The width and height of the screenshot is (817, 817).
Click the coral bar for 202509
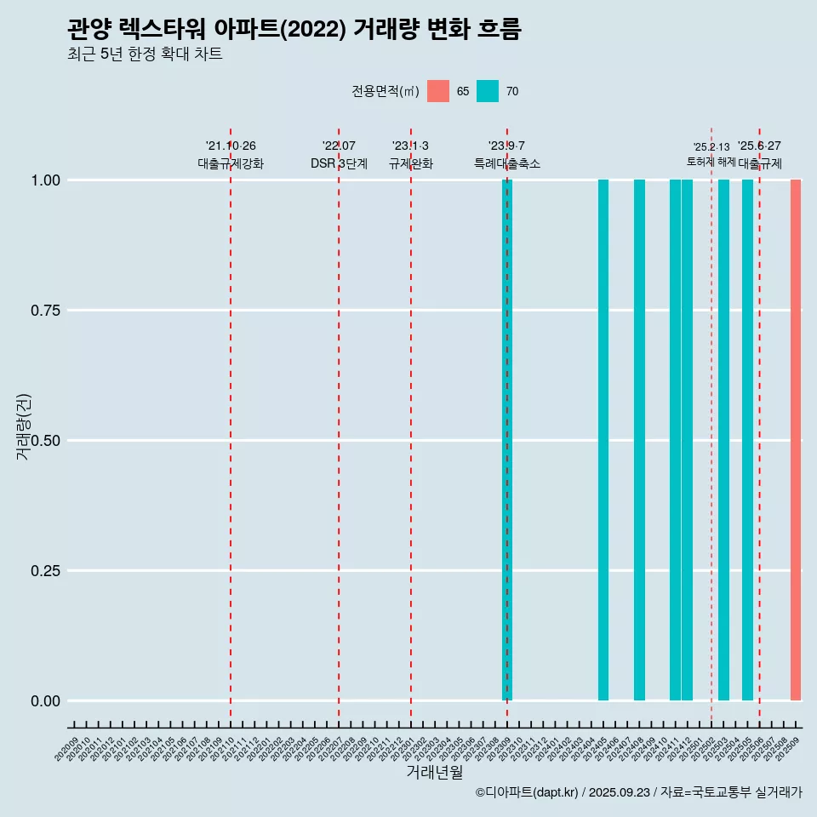click(796, 440)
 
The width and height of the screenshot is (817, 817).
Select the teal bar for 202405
click(603, 440)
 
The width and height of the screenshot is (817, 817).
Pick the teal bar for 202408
click(639, 440)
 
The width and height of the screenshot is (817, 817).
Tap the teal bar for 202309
click(507, 440)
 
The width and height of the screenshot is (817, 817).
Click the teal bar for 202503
click(723, 440)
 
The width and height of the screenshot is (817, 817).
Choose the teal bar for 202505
click(747, 440)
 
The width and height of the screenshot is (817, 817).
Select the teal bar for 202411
click(675, 440)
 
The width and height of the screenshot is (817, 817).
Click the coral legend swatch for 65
click(438, 91)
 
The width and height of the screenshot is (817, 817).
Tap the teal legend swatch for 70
click(488, 91)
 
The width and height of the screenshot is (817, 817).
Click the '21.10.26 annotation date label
click(231, 146)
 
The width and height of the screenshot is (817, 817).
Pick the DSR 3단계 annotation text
click(339, 163)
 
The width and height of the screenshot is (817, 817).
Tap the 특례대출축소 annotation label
click(507, 163)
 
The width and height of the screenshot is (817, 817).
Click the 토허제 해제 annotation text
click(711, 161)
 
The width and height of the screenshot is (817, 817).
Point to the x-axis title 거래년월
click(435, 772)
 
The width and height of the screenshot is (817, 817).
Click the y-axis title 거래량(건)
click(23, 426)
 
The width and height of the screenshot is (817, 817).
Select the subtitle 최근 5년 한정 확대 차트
click(145, 54)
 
